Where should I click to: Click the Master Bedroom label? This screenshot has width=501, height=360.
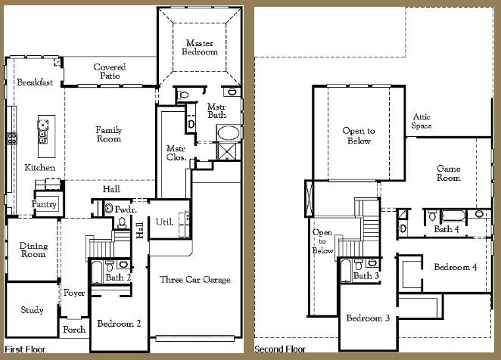pyautogui.click(x=201, y=48)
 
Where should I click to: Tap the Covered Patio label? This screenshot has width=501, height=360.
pyautogui.click(x=110, y=71)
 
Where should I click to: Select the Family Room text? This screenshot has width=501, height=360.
pyautogui.click(x=108, y=135)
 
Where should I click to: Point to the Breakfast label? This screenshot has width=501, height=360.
pyautogui.click(x=35, y=82)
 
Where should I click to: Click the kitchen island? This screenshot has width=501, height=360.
pyautogui.click(x=44, y=131)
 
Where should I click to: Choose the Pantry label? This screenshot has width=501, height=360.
pyautogui.click(x=44, y=204)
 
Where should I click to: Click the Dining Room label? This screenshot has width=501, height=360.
pyautogui.click(x=33, y=250)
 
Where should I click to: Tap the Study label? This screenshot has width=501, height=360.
pyautogui.click(x=32, y=310)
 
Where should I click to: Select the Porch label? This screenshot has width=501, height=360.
pyautogui.click(x=74, y=329)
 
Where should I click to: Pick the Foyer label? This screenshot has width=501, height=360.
pyautogui.click(x=74, y=293)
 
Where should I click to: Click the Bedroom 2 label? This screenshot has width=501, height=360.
pyautogui.click(x=119, y=324)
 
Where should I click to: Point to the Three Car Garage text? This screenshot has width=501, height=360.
pyautogui.click(x=194, y=280)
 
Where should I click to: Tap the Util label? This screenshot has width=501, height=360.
pyautogui.click(x=164, y=222)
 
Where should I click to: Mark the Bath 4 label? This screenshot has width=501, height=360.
pyautogui.click(x=446, y=228)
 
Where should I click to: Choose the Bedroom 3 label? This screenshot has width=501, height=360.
pyautogui.click(x=368, y=318)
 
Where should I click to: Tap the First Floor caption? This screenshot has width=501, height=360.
pyautogui.click(x=25, y=349)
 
